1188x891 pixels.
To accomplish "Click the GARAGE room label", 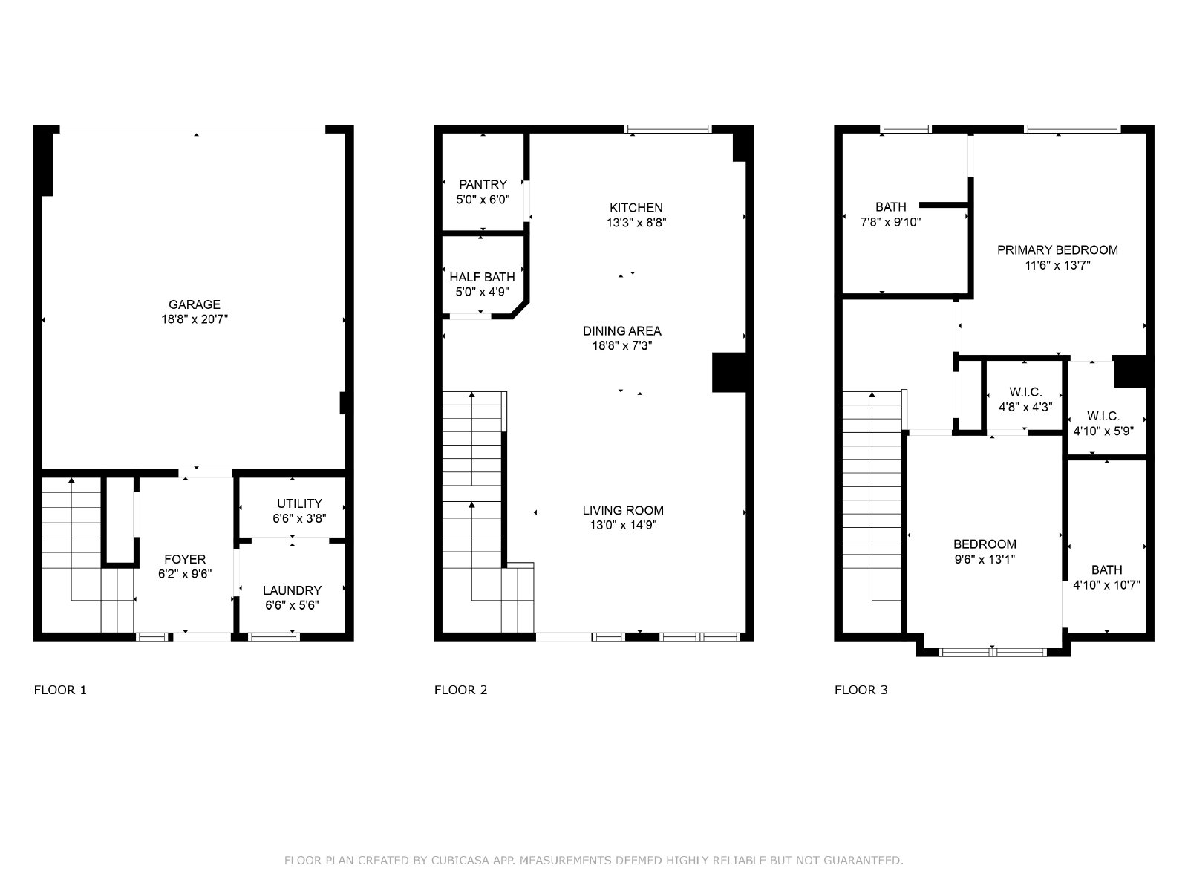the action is (195, 304).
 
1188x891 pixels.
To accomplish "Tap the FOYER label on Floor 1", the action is (185, 559).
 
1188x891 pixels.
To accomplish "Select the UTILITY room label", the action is (299, 503).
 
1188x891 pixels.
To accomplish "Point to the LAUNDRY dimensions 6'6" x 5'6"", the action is (293, 605).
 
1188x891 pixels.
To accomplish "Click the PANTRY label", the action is (483, 184).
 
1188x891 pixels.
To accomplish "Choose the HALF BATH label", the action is (482, 277).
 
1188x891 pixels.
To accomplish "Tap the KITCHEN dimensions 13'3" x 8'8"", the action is (636, 222).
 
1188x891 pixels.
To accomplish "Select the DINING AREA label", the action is (622, 330).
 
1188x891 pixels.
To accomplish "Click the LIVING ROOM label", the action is (623, 510).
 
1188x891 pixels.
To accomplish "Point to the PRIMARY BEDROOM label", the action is (1057, 250).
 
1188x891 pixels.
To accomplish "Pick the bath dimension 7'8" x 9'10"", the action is (891, 222).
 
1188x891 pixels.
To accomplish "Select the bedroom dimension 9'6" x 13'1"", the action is (985, 559).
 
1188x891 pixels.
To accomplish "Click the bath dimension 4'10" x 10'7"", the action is (1107, 585).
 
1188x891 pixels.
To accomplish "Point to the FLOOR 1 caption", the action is (60, 690).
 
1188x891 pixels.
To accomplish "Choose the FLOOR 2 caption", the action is (460, 690).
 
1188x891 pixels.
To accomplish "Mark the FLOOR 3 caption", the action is (861, 690).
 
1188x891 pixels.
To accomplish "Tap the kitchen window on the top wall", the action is (668, 128).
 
